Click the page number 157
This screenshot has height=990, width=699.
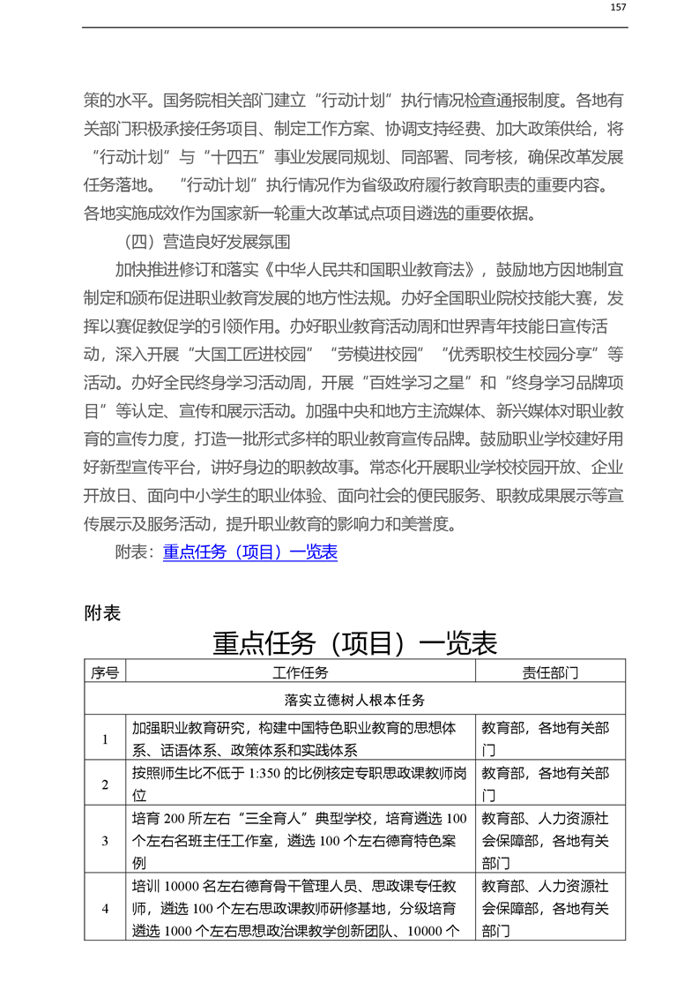click(618, 7)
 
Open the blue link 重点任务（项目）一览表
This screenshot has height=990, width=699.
click(250, 553)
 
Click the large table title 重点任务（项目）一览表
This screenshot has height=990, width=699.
click(355, 642)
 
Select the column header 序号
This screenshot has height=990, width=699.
click(105, 672)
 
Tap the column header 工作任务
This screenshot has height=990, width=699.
click(301, 672)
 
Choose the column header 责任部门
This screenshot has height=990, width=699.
click(551, 672)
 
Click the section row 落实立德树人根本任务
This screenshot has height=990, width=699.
click(355, 700)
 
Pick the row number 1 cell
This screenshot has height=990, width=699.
click(105, 739)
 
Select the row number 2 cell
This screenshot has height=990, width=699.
click(105, 784)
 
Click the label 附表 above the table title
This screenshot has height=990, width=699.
click(102, 612)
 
